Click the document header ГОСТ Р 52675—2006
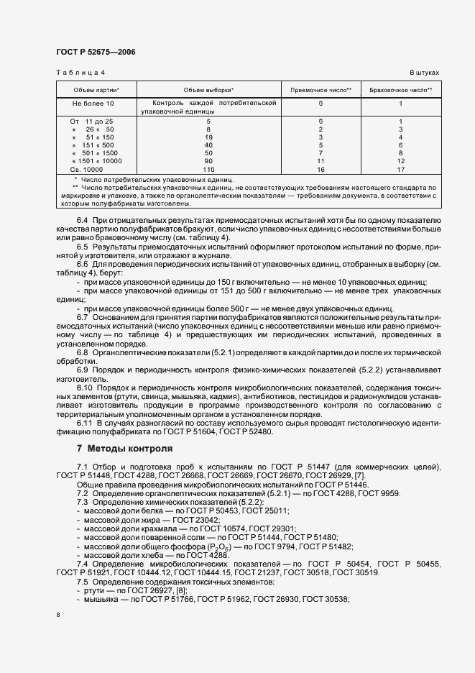tap(95, 52)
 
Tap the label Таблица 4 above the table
tap(80, 73)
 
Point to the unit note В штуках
tap(424, 73)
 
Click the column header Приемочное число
tap(320, 90)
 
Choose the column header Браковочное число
tap(400, 90)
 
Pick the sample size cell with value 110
tap(208, 169)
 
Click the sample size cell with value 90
tap(208, 161)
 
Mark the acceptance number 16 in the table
tap(320, 169)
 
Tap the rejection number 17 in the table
tap(400, 169)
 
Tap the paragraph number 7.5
tap(82, 580)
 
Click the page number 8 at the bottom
tap(58, 615)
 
